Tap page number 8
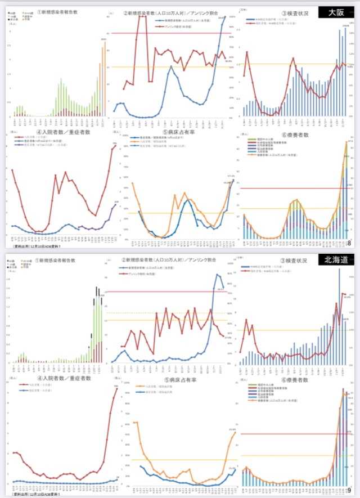click(x=349, y=243)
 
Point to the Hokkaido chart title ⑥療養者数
click(x=292, y=380)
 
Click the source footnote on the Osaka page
click(x=34, y=246)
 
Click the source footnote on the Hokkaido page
click(x=34, y=495)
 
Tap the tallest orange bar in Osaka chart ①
click(x=105, y=79)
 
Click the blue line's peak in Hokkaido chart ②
click(x=218, y=274)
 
